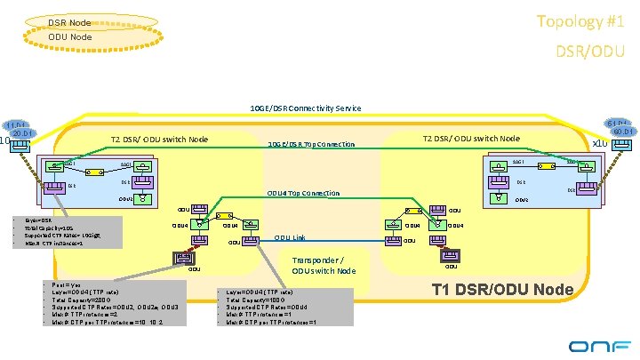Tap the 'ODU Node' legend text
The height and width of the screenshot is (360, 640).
coord(68,36)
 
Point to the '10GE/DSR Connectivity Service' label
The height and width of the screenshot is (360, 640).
coord(306,108)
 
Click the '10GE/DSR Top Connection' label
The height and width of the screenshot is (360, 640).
coord(311,144)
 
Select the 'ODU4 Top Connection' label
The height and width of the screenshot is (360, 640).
coord(303,193)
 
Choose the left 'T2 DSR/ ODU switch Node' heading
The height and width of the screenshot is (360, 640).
coord(159,139)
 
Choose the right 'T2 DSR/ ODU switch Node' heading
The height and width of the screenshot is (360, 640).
coord(471,138)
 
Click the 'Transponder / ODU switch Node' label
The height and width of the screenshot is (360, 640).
coord(324,266)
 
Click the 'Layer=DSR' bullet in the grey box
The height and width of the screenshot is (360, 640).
coord(39,218)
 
